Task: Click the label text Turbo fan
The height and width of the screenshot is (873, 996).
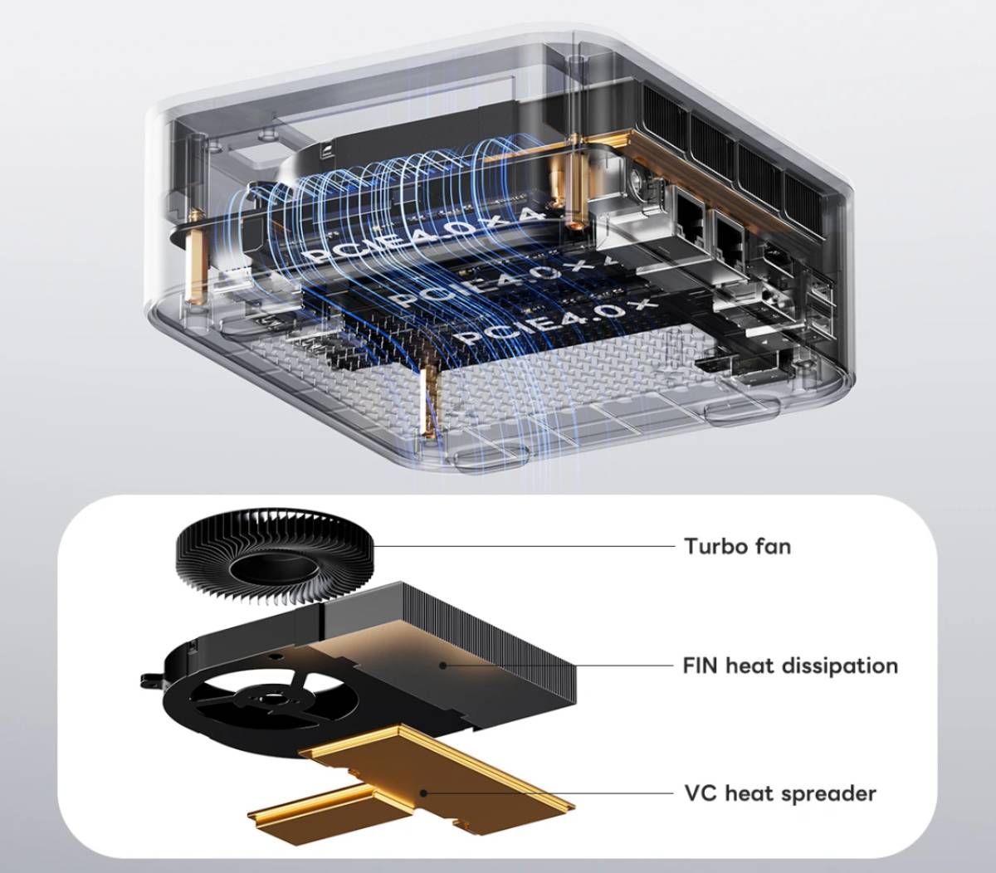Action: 737,547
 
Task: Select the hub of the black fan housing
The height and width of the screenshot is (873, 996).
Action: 268,700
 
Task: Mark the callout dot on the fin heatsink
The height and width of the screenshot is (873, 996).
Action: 443,666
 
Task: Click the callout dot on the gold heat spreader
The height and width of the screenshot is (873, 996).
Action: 423,793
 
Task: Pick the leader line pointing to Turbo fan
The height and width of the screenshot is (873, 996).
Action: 524,546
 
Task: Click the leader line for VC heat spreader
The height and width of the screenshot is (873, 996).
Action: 549,793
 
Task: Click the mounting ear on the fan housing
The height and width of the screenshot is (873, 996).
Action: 151,680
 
